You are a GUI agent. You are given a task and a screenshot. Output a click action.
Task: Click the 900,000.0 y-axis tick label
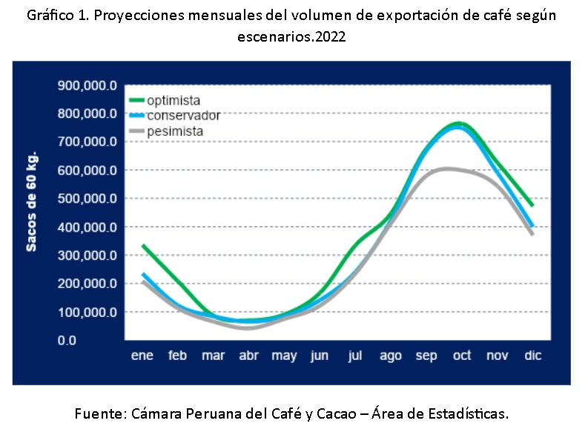click(x=87, y=86)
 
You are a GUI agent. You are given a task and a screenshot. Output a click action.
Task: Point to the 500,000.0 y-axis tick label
click(x=87, y=199)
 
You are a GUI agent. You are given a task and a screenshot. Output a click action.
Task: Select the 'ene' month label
click(x=142, y=356)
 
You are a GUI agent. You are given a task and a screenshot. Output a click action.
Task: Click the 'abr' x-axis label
click(x=248, y=356)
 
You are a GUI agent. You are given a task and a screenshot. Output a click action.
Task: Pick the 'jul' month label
click(x=355, y=356)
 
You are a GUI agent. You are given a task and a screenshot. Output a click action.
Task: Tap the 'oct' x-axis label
click(x=461, y=356)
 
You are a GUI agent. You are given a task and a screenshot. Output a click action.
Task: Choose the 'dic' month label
click(x=532, y=356)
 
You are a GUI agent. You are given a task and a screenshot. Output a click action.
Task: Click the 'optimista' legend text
click(x=174, y=100)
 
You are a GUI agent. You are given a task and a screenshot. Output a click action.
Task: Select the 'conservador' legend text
click(x=183, y=115)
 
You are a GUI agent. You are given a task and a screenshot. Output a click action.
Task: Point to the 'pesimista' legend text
click(x=175, y=131)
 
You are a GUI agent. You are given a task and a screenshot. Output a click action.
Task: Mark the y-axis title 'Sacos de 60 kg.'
click(x=32, y=202)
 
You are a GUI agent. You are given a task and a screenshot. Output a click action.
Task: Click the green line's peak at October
click(x=460, y=123)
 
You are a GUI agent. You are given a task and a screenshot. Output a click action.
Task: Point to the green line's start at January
click(x=142, y=246)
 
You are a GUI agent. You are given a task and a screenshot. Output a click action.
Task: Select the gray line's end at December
click(x=532, y=234)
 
